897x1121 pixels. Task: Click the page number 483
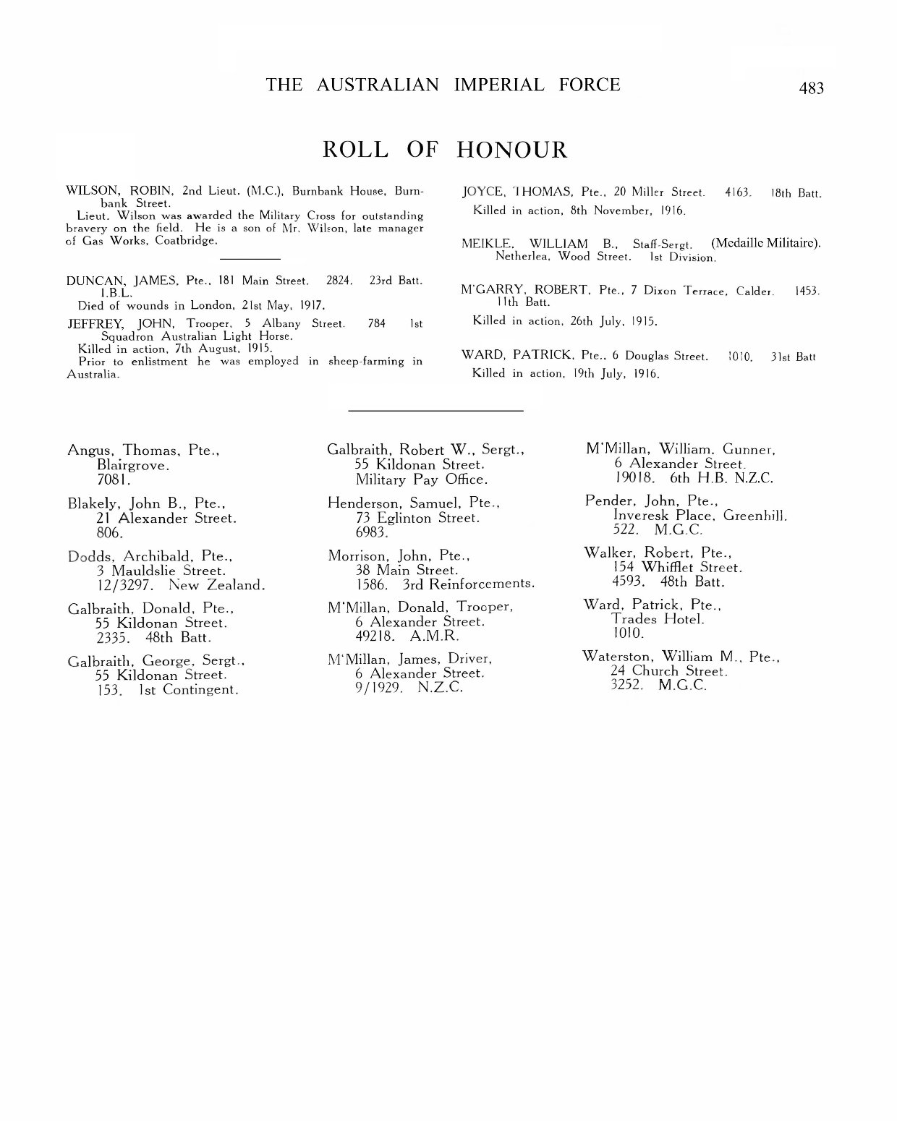tap(811, 88)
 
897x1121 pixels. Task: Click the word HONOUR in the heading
tap(512, 150)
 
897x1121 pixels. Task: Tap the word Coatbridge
tap(186, 240)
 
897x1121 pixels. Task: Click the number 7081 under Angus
tap(113, 479)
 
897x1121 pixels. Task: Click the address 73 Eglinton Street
tap(417, 518)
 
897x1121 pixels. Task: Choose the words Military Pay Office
tap(421, 479)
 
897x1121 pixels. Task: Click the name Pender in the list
tap(607, 500)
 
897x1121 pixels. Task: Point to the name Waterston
tap(617, 657)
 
